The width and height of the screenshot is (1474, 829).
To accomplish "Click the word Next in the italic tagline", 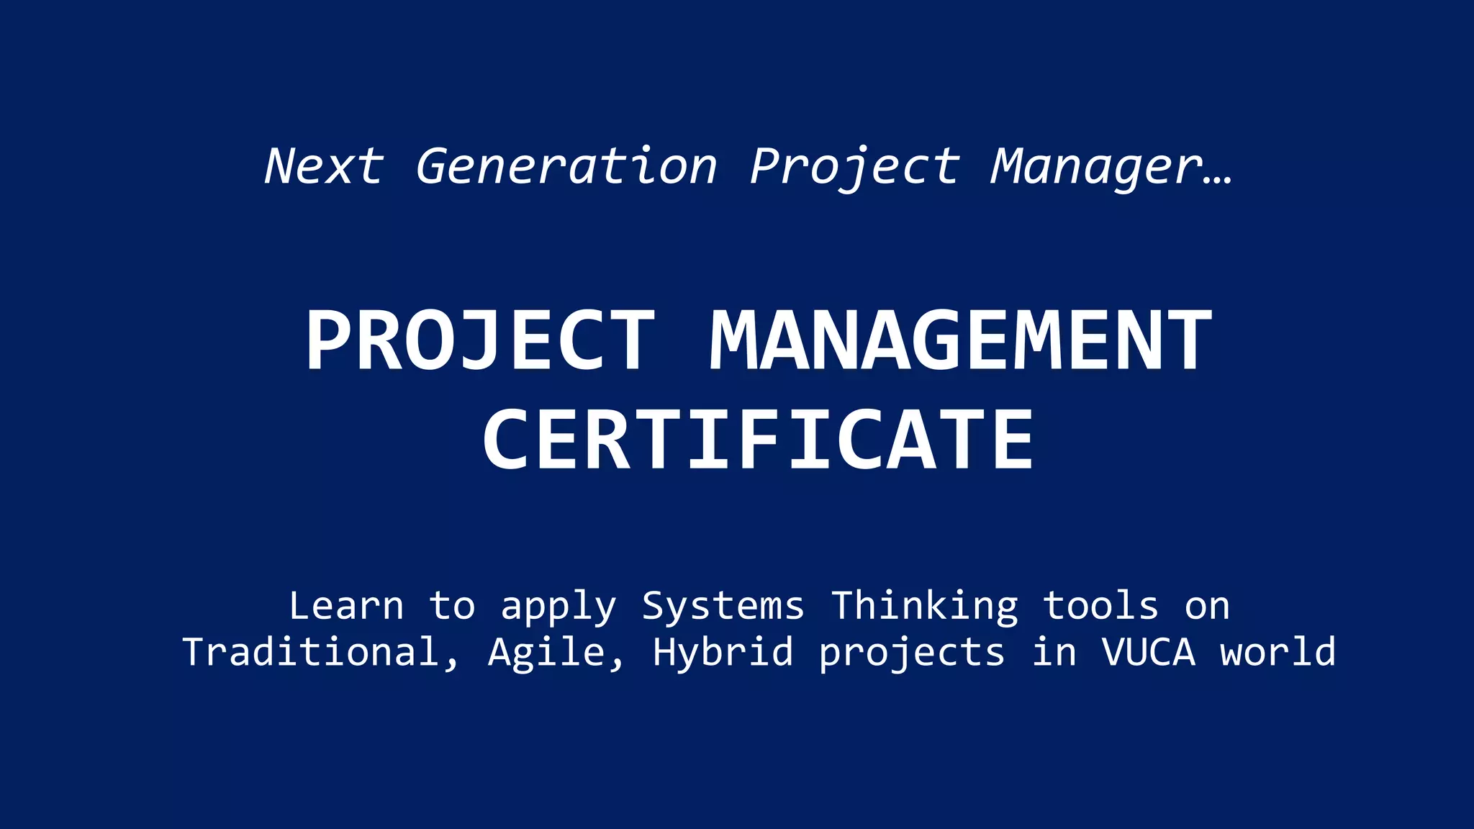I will (324, 166).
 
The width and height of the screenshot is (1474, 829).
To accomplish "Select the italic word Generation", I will (566, 166).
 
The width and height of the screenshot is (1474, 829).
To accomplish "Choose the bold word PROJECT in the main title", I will (480, 340).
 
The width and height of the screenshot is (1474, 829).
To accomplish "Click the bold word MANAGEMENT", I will (961, 340).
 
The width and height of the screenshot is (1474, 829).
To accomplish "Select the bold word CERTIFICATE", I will (758, 439).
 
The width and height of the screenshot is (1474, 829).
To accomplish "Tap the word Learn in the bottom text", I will (346, 606).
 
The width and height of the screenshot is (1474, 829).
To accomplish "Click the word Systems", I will (723, 606).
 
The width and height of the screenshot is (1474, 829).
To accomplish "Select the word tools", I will (1100, 606).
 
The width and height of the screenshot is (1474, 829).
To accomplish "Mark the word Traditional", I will (311, 652).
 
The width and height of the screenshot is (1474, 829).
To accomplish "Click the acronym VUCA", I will (1149, 652).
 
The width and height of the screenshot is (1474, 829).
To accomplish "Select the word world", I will (1278, 652).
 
